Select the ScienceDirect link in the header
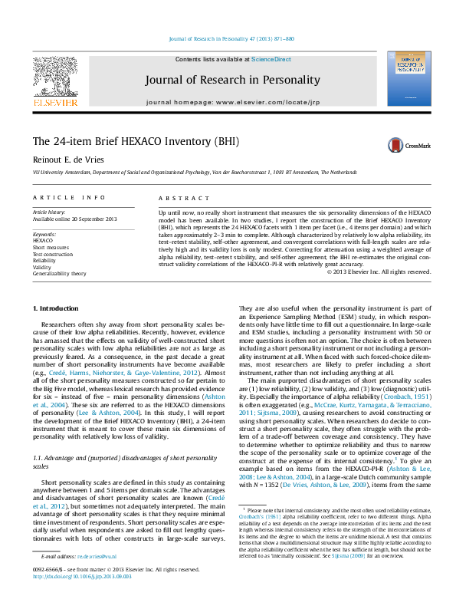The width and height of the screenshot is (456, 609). pyautogui.click(x=271, y=59)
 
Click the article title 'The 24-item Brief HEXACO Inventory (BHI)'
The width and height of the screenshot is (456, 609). pyautogui.click(x=125, y=142)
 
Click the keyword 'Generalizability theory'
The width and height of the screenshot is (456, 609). pyautogui.click(x=59, y=272)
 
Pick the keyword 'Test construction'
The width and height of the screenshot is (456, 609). pyautogui.click(x=53, y=253)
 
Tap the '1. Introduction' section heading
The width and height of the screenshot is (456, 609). pyautogui.click(x=55, y=308)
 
